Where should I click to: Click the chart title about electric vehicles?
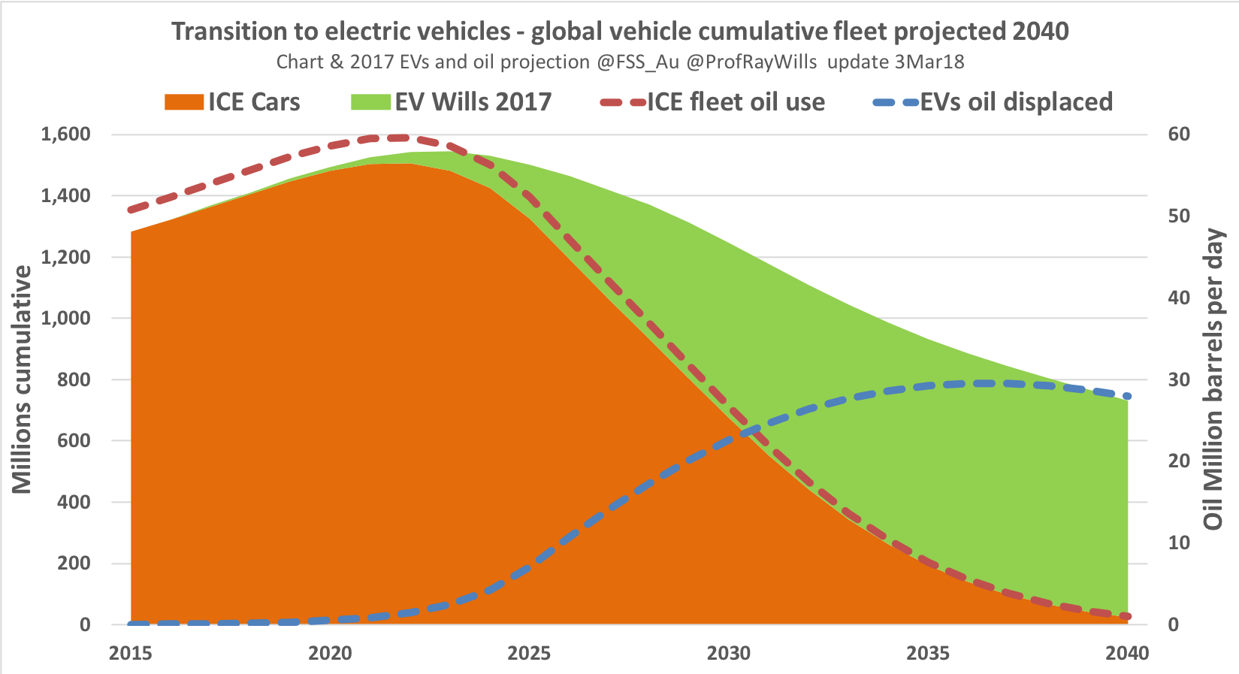click(x=620, y=32)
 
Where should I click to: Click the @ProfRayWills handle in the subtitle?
click(x=751, y=62)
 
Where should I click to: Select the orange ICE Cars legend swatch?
click(x=183, y=102)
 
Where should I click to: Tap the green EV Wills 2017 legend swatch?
click(x=370, y=102)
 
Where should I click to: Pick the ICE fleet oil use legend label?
click(x=736, y=102)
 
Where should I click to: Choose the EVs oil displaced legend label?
click(x=1017, y=102)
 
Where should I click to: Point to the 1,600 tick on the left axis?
click(x=66, y=134)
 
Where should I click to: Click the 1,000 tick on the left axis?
click(x=66, y=318)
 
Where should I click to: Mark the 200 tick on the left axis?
click(x=74, y=564)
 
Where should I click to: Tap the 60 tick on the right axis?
click(x=1179, y=134)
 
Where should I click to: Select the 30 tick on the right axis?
click(x=1179, y=379)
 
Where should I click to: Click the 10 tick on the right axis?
click(x=1179, y=543)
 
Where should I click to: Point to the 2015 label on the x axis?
click(x=131, y=654)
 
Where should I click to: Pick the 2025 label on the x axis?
click(x=530, y=654)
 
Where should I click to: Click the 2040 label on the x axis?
click(x=1127, y=654)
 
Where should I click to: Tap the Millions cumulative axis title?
click(x=22, y=379)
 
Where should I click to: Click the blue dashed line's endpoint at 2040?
click(x=1127, y=396)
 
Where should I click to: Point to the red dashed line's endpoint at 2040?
click(x=1127, y=616)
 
